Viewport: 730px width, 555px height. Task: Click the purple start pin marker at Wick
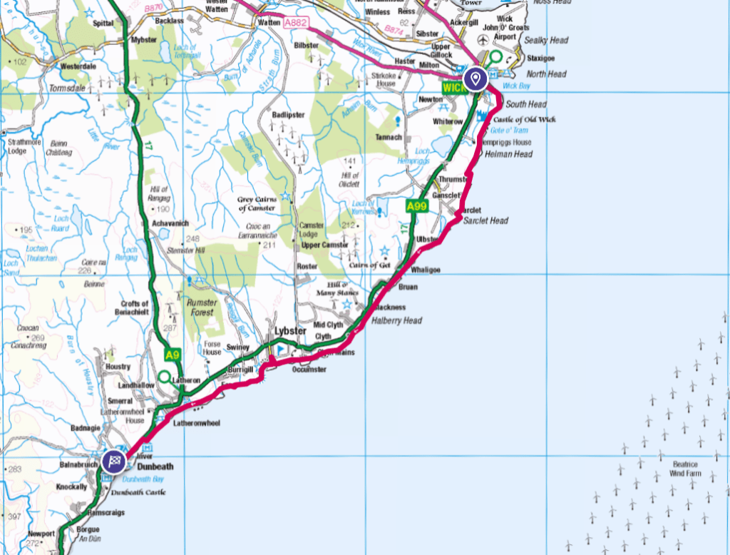pos(475,78)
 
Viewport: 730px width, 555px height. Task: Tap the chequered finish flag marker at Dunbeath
pos(113,461)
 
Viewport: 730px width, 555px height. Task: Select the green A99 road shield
pos(416,207)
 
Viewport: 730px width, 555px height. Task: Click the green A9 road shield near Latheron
pos(171,355)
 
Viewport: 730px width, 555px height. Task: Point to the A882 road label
pos(296,23)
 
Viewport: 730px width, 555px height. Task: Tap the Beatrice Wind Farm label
pos(684,469)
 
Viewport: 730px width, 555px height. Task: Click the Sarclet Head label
pos(485,221)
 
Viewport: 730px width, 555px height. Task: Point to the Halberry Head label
pos(396,321)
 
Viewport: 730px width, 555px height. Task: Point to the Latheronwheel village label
pos(197,423)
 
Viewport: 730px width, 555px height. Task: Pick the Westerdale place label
pos(78,66)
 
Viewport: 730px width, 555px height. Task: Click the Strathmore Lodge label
pos(27,146)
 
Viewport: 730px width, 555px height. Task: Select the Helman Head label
pos(508,154)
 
